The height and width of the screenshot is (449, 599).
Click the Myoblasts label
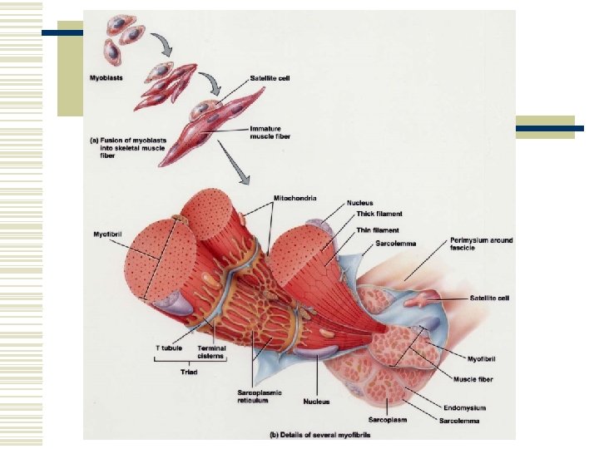(107, 77)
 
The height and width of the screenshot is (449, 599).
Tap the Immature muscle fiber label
(269, 132)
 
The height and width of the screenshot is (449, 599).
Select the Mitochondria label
(295, 198)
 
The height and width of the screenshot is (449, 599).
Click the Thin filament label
(377, 230)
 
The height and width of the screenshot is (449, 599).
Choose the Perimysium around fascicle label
(481, 244)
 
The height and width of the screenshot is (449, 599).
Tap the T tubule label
(168, 348)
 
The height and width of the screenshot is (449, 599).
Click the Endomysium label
(464, 408)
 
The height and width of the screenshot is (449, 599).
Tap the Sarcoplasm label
(389, 420)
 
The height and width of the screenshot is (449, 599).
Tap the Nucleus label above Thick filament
(360, 203)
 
